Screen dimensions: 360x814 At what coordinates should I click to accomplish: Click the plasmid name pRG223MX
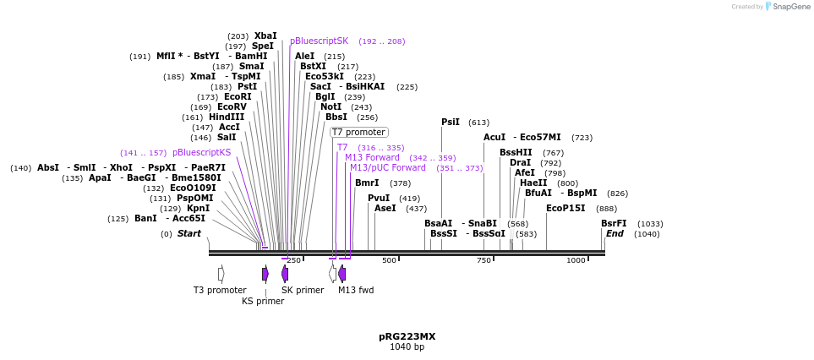[407, 336]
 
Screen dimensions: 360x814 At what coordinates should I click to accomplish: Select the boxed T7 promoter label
[358, 132]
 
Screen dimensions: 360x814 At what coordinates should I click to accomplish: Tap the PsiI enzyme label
[451, 122]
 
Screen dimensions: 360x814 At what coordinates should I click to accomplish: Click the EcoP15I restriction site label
[565, 208]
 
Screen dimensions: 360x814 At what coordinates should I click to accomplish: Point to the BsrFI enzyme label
[614, 223]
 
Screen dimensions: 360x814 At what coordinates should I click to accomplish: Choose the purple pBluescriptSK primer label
[319, 41]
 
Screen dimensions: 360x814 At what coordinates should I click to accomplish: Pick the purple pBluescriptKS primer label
[201, 152]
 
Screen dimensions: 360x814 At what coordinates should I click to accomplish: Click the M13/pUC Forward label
[388, 167]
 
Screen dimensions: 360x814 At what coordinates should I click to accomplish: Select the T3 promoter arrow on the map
[221, 274]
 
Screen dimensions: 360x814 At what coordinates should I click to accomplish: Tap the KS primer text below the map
[263, 301]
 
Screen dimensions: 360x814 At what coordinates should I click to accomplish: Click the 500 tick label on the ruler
[389, 260]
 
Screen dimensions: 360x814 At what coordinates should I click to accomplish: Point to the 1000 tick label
[576, 260]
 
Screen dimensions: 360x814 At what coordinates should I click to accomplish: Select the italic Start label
[188, 233]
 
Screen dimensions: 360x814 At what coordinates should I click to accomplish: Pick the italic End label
[615, 233]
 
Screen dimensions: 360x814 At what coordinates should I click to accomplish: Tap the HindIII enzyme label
[226, 117]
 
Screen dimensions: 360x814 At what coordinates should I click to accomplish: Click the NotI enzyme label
[331, 106]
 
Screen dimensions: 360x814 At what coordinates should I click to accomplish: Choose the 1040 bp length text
[407, 346]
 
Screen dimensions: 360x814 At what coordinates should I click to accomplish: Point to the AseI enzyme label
[385, 208]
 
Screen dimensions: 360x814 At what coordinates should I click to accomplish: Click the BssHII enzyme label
[516, 152]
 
